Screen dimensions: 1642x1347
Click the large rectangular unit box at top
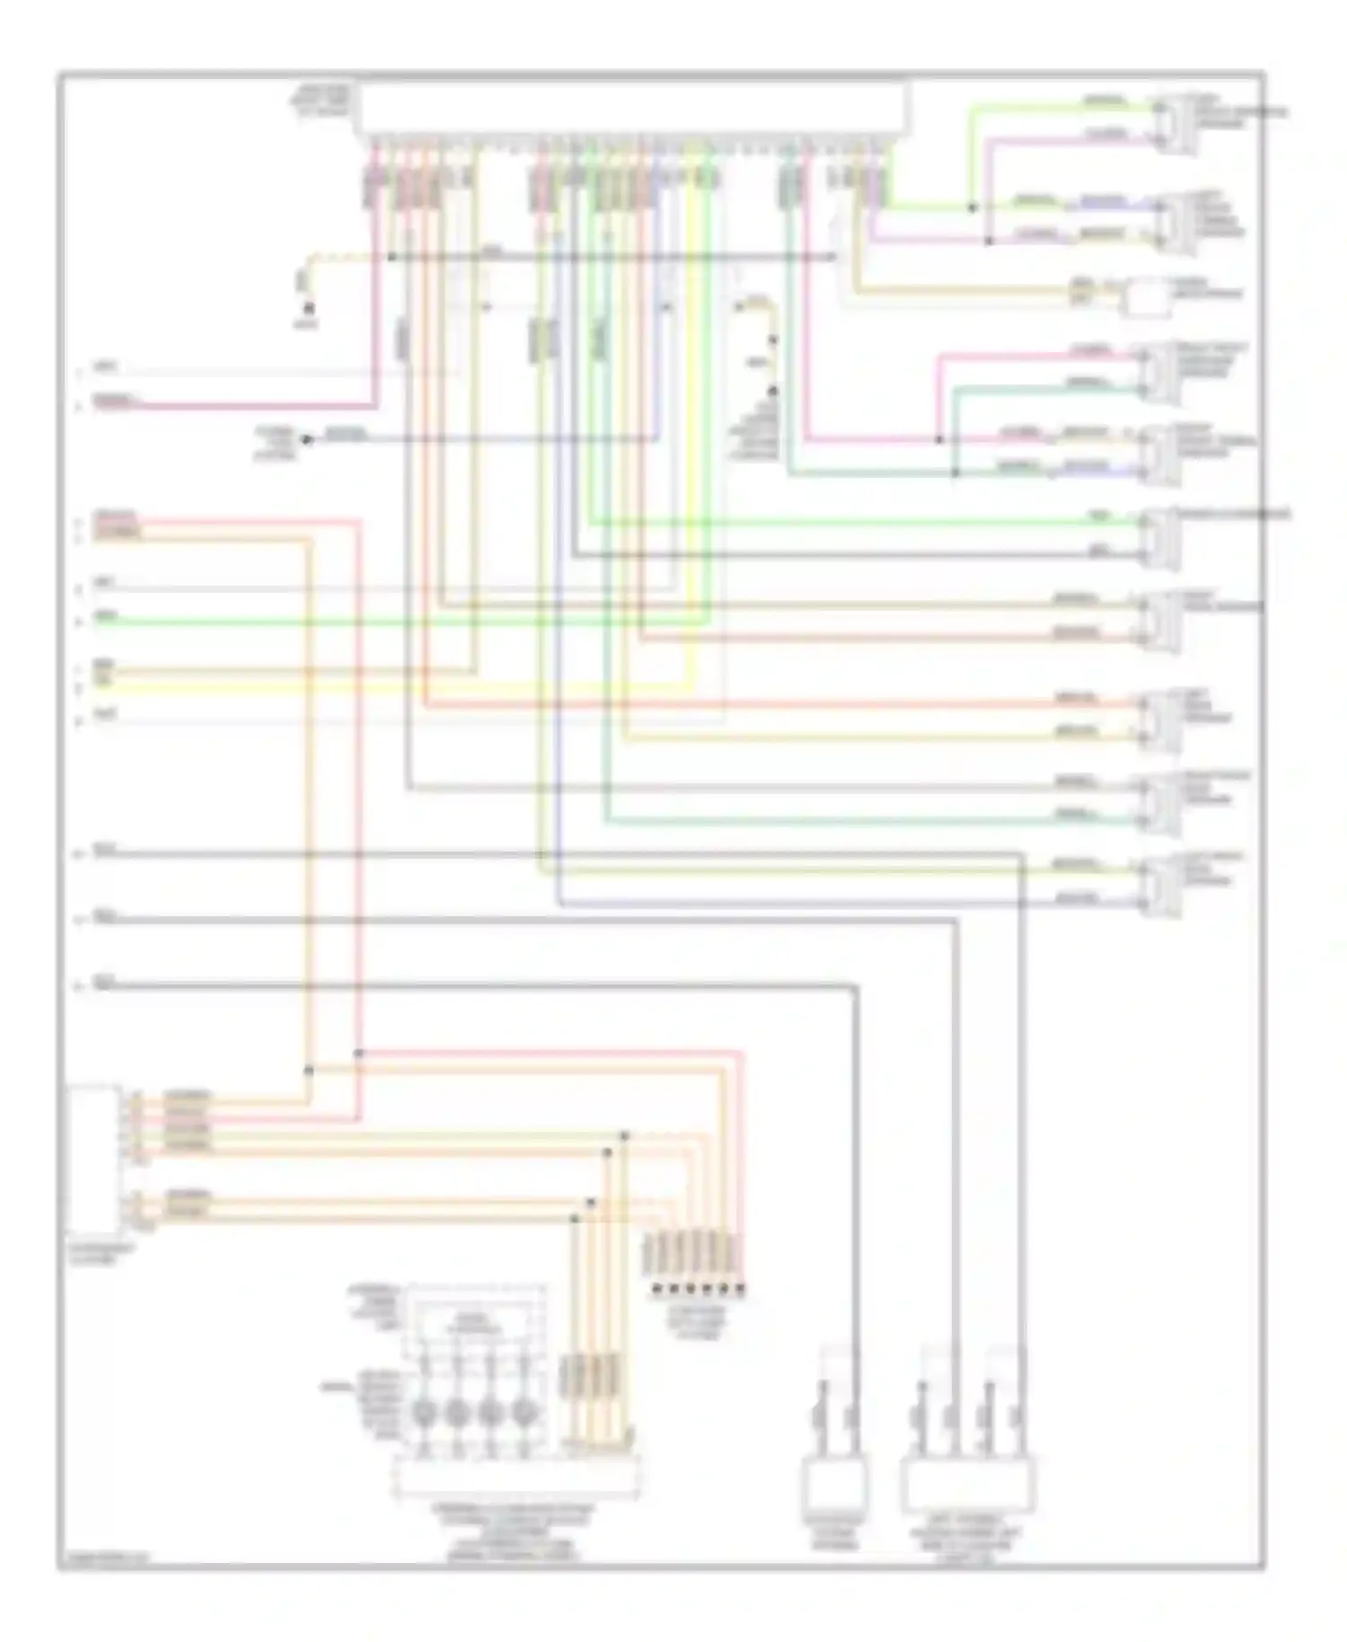633,108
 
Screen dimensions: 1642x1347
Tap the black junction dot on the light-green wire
972,208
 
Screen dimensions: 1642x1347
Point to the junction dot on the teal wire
955,472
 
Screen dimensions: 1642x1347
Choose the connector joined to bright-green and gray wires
1160,537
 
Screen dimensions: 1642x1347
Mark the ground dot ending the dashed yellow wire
308,309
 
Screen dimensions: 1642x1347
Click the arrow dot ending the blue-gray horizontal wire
306,439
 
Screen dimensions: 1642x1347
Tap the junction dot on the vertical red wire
358,1053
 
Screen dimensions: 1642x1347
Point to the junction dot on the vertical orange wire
309,1070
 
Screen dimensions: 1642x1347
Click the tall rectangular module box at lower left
93,1160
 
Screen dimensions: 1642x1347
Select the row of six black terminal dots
698,1290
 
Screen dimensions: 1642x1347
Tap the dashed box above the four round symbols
476,1320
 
